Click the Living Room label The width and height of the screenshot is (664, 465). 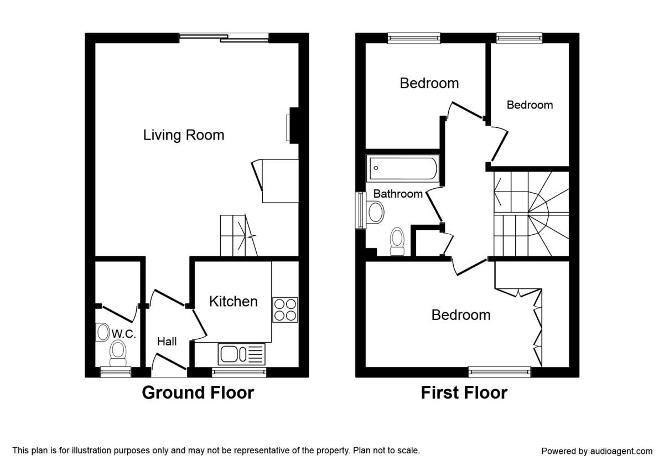tap(184, 135)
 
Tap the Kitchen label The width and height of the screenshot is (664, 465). tap(233, 301)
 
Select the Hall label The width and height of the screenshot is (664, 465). tap(167, 342)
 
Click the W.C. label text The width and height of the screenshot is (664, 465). tap(124, 334)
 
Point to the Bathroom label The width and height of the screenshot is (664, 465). tap(398, 194)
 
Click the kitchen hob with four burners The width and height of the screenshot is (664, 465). tap(285, 309)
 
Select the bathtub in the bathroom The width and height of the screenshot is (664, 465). tap(402, 168)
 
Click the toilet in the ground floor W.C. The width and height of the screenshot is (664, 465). tap(117, 352)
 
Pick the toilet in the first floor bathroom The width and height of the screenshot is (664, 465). tap(397, 241)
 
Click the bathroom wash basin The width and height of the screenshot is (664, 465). tap(376, 211)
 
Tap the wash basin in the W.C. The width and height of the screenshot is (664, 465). tap(103, 333)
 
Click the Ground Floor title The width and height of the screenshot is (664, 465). tap(198, 392)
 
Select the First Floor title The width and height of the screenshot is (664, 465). tap(464, 392)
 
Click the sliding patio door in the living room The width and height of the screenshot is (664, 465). tap(224, 38)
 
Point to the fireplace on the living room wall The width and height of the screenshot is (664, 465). tap(292, 126)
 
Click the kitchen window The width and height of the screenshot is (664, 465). tap(240, 372)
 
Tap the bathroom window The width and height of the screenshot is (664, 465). tap(360, 210)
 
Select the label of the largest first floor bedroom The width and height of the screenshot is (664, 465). tap(461, 315)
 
